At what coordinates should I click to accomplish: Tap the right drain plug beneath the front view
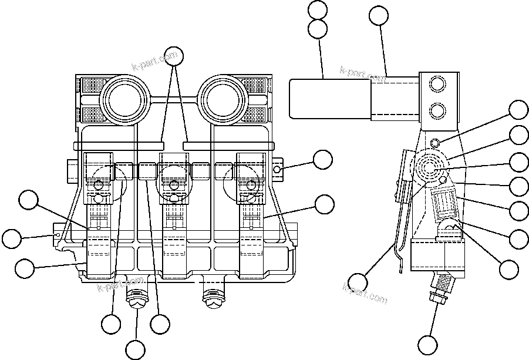pos(212,298)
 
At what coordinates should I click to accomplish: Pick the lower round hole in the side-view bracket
pos(437,110)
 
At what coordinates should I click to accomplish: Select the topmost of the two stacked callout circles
pos(318,11)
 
